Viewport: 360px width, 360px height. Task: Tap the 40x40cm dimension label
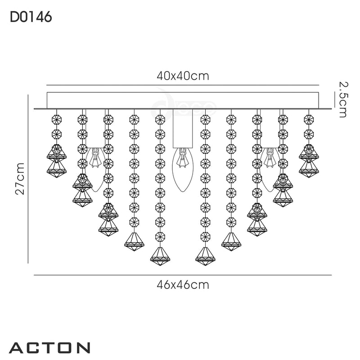(183, 76)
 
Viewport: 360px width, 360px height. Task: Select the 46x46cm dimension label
(183, 285)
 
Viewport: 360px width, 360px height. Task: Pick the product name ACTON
(49, 348)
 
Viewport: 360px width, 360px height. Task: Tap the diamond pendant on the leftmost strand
(57, 160)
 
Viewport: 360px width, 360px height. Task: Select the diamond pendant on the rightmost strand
(309, 160)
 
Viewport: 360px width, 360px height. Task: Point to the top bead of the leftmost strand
(57, 119)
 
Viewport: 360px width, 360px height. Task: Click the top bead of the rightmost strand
(309, 119)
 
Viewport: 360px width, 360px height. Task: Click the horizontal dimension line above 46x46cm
(183, 275)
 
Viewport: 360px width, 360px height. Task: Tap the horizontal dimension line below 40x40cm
(183, 85)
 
